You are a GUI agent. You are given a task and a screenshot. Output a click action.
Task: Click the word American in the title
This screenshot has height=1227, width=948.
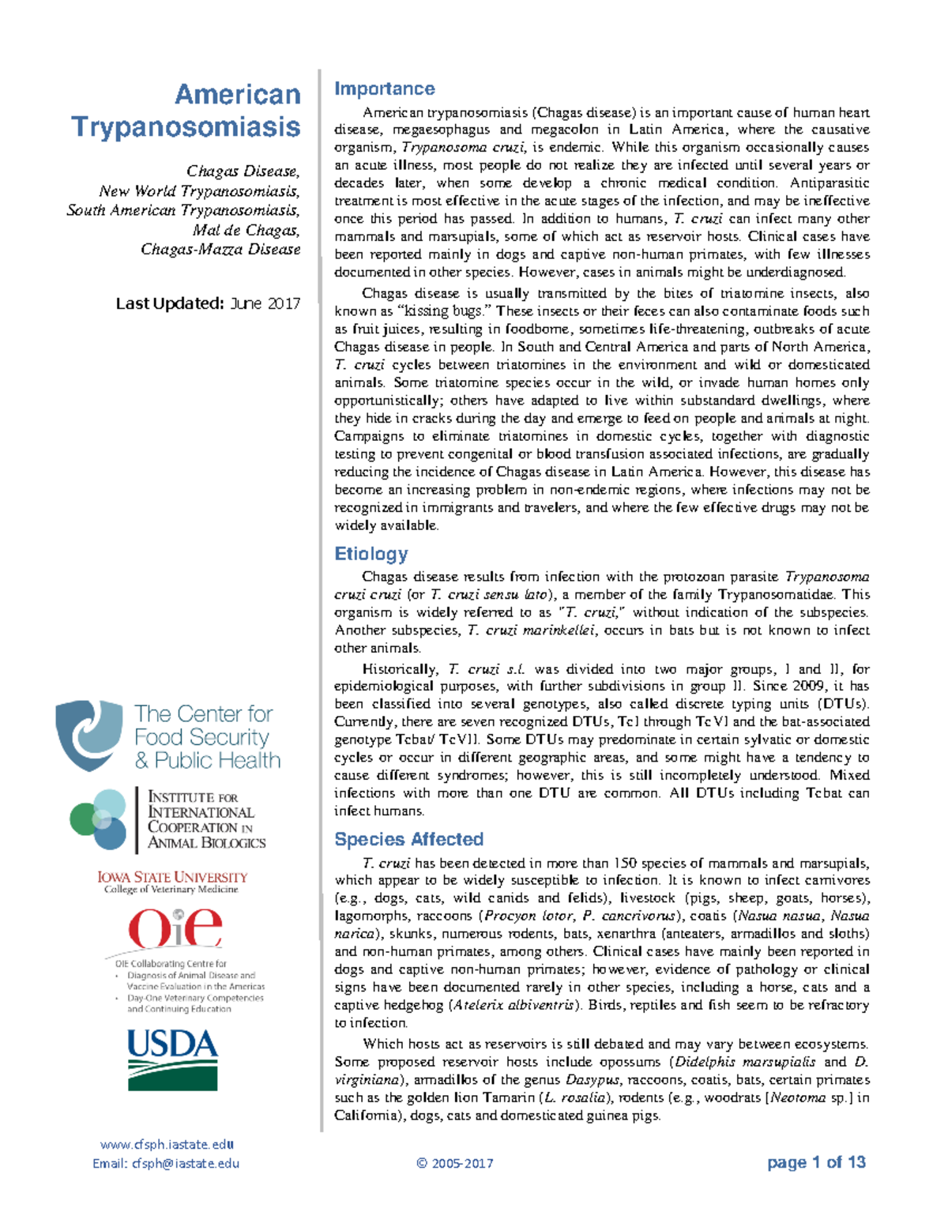(237, 95)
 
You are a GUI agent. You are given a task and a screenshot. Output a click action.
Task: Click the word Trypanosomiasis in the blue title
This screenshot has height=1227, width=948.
(186, 127)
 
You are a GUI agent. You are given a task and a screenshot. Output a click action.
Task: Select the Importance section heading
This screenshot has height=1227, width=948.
(384, 88)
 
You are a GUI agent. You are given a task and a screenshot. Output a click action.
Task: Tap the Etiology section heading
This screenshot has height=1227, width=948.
(371, 554)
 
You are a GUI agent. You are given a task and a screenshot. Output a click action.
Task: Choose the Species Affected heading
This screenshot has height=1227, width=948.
(408, 839)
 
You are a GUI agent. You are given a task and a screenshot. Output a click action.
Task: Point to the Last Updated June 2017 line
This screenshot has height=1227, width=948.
(208, 303)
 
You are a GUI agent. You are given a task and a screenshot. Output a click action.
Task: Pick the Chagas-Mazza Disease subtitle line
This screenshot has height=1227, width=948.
(220, 249)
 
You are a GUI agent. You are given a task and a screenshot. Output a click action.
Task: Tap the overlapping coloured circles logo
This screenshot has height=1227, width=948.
(99, 819)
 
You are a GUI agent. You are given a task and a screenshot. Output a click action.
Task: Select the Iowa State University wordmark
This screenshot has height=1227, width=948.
(172, 877)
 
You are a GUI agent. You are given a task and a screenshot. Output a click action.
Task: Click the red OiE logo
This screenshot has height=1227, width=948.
(175, 928)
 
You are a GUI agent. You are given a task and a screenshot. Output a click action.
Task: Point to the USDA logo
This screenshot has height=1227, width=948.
(172, 1060)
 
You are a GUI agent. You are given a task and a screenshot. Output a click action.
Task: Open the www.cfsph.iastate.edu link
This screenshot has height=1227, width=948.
(167, 1144)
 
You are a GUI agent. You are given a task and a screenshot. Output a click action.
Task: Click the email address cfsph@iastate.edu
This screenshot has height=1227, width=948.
(185, 1163)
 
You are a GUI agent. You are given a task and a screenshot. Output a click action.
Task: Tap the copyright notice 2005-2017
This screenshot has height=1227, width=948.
(455, 1163)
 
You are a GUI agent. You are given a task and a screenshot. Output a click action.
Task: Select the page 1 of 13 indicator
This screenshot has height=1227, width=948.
(816, 1162)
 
